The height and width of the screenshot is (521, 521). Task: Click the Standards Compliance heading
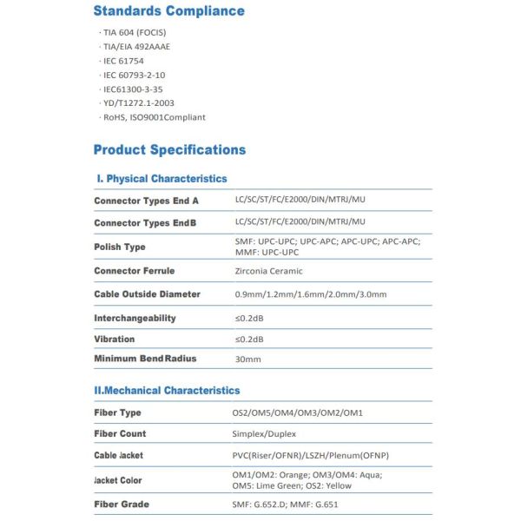(168, 11)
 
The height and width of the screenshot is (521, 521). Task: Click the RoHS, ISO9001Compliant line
(155, 117)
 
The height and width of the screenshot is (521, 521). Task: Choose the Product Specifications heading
(169, 149)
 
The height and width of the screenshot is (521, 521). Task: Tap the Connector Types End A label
(146, 201)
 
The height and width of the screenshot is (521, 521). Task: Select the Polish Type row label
(120, 247)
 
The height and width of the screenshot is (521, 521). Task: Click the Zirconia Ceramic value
(268, 271)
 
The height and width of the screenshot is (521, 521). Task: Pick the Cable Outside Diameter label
(147, 294)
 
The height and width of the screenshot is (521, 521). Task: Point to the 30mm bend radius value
(247, 359)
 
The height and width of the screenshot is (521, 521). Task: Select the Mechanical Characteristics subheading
(167, 391)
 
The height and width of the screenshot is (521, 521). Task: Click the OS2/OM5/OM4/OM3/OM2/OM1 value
(298, 412)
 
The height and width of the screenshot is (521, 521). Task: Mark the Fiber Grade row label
(121, 505)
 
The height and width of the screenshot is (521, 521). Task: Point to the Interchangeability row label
(135, 318)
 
